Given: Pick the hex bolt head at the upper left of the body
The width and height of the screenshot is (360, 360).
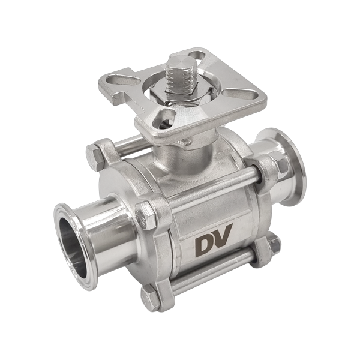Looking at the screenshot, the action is coord(93,158).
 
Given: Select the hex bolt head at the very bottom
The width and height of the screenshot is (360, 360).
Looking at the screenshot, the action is coord(151,298).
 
